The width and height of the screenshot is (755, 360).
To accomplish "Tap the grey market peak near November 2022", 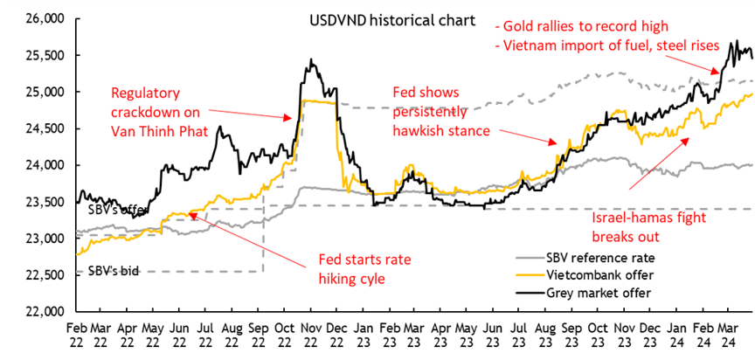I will (x=311, y=61).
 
